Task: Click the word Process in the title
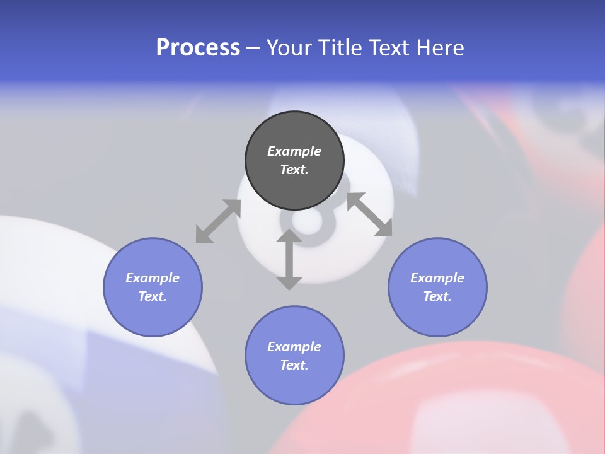coord(198,48)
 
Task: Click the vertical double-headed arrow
coord(289,259)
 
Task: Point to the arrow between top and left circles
coord(218,221)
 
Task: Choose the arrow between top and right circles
coord(369,214)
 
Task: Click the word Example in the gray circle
coord(294,151)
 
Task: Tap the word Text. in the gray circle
coord(294,170)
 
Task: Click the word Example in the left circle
coord(153,278)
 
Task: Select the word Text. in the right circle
coord(437,296)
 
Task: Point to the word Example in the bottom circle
coord(294,347)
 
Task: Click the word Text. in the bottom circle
coord(294,365)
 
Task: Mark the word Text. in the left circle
coord(153,296)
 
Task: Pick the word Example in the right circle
coord(437,278)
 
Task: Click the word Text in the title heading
coord(388,48)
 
